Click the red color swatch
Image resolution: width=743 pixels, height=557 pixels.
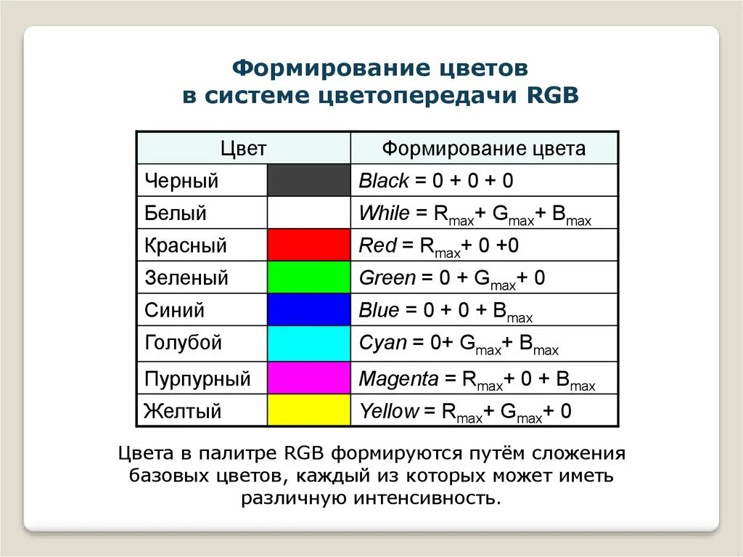[308, 245]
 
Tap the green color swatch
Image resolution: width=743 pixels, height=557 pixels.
[308, 277]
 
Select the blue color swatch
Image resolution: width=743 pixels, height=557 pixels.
[308, 310]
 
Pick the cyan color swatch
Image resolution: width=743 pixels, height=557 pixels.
[308, 342]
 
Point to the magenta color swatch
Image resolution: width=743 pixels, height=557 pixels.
[308, 378]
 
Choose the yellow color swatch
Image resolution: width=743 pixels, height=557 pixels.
[308, 411]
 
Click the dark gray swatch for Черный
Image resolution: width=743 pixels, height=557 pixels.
[308, 180]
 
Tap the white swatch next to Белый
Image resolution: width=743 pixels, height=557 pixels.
[308, 213]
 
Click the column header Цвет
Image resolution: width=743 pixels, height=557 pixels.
[243, 149]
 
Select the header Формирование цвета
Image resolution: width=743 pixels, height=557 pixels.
[484, 149]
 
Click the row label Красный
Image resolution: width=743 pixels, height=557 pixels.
[186, 245]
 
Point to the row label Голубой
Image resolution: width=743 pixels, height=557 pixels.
[183, 343]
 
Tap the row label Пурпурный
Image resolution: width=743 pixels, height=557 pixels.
[197, 379]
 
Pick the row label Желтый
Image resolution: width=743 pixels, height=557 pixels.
[182, 412]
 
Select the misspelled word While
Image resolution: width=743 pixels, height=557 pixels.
[385, 214]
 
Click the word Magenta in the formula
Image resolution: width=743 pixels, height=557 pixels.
[399, 379]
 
